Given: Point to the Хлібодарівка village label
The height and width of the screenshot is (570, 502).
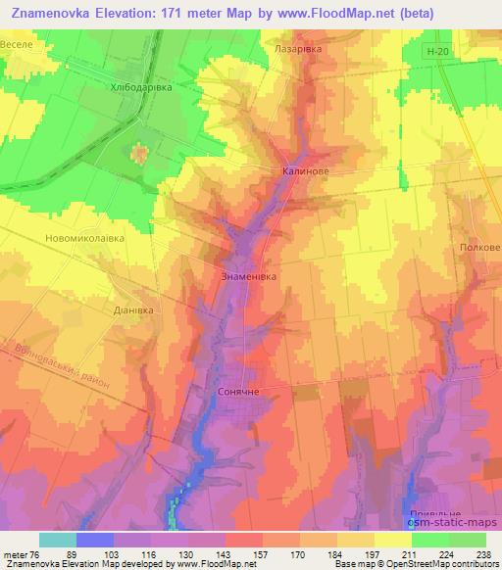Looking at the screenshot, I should point(140,87).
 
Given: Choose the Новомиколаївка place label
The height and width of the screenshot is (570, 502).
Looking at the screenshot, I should point(85,238).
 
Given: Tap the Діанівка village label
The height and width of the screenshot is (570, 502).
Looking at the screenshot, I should point(135,308).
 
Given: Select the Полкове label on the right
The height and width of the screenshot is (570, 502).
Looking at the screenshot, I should point(478,249).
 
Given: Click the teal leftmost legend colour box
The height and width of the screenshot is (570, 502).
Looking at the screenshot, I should point(58,540).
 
